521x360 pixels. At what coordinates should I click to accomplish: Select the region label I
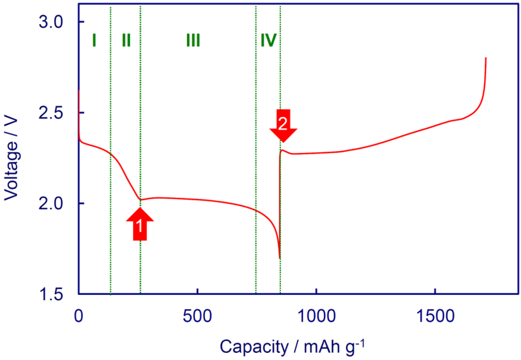tap(94, 40)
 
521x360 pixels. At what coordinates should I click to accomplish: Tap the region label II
tap(126, 40)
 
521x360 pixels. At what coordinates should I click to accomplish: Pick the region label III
tap(193, 40)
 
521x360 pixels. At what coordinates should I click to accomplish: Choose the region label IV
tap(268, 40)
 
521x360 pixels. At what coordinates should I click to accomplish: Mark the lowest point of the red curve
tap(279, 258)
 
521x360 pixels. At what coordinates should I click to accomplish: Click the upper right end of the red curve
tap(486, 59)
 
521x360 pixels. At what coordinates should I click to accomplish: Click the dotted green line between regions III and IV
tap(255, 153)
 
